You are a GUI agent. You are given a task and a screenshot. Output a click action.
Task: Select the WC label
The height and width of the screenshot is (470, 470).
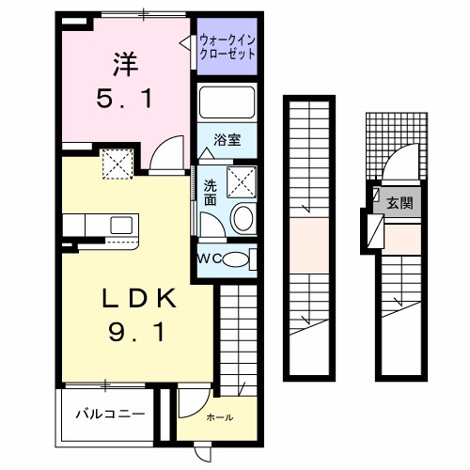click(x=210, y=258)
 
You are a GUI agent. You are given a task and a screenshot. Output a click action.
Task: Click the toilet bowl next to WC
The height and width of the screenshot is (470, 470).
click(x=239, y=258)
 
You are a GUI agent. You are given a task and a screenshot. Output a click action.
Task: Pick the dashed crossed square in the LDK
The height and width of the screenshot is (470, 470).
click(x=117, y=167)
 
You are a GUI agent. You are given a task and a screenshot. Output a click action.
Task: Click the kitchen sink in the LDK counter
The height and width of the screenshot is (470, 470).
click(x=120, y=225)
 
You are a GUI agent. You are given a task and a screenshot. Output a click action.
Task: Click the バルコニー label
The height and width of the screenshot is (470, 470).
click(x=110, y=414)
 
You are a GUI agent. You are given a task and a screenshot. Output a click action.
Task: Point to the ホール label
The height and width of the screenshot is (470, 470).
click(x=220, y=417)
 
